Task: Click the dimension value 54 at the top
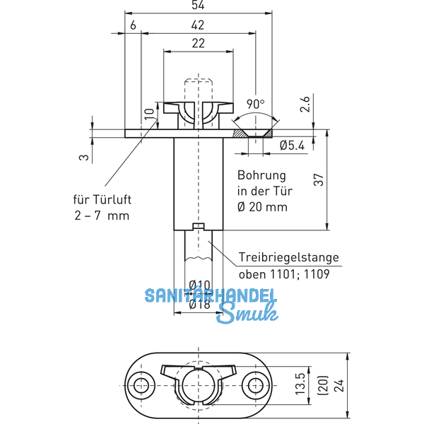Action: point(199,6)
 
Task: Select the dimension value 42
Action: point(199,25)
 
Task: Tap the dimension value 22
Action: point(199,44)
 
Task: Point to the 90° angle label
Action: point(255,103)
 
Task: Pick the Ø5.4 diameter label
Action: point(293,146)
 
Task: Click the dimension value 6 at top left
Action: point(133,25)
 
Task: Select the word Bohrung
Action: point(261,175)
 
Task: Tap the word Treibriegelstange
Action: point(288,257)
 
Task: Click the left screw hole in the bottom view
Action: point(143,386)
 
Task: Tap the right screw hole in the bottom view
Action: point(254,386)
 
